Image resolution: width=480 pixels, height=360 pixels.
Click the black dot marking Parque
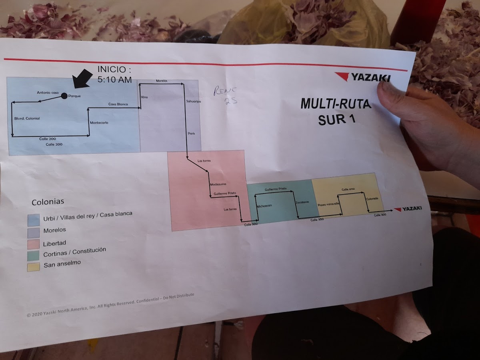pos(64,96)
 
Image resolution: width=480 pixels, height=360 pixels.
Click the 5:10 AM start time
pos(114,80)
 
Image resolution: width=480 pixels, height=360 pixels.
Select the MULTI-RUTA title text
pos(336,104)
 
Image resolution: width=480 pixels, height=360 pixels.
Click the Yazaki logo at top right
pos(363,77)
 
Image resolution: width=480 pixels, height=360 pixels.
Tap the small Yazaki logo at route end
pos(408,209)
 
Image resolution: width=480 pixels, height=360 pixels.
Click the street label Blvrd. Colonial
pos(27,118)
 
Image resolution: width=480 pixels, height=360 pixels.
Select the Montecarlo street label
pos(99,122)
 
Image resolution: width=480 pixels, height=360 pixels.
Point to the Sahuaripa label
pos(194,102)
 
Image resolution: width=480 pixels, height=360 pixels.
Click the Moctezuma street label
pos(218,184)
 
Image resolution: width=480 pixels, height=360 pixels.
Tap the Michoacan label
pos(264,206)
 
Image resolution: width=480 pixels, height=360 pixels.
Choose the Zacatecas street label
pos(302,202)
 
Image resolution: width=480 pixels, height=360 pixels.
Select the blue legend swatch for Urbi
pos(34,220)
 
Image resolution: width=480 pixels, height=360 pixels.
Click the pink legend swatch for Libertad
pos(34,244)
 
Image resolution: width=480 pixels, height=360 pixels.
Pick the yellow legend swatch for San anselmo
pos(34,266)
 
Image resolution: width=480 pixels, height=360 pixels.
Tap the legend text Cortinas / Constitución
pos(74,252)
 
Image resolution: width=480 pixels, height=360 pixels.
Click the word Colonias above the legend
pos(48,202)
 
